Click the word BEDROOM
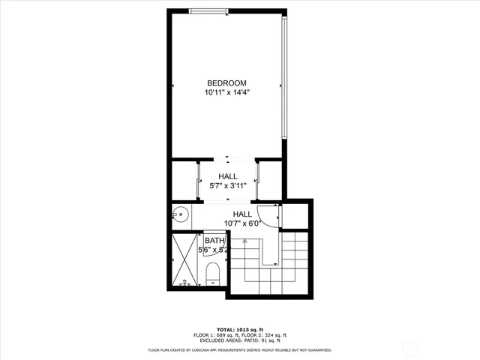[226, 83]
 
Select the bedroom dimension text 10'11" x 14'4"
[226, 93]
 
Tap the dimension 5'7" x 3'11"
[228, 186]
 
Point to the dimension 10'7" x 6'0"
[241, 223]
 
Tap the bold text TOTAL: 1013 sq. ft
[240, 328]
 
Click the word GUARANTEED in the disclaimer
[316, 349]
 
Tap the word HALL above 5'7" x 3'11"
[228, 176]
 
